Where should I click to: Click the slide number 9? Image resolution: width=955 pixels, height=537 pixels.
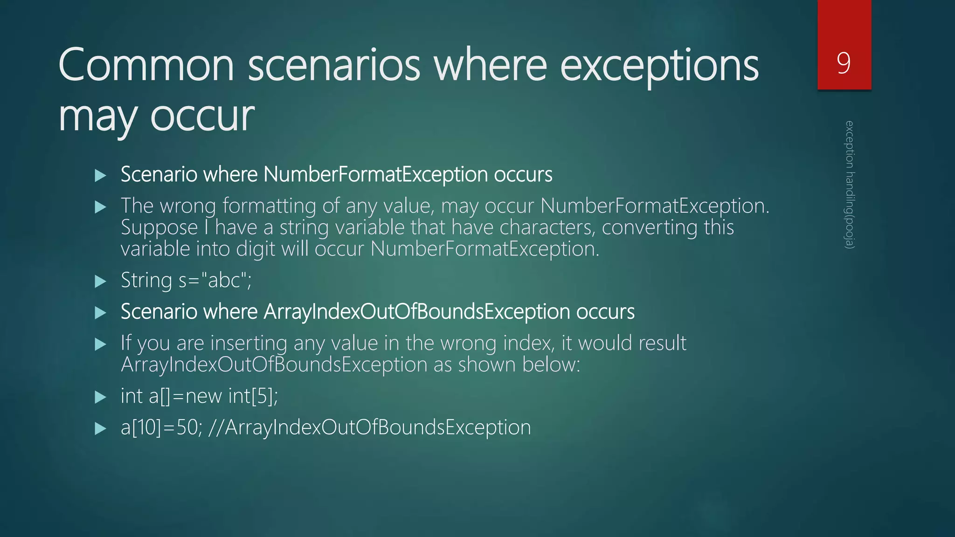(844, 63)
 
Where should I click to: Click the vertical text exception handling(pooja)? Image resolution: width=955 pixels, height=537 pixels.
(850, 185)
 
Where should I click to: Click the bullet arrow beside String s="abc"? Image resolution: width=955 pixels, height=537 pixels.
(100, 282)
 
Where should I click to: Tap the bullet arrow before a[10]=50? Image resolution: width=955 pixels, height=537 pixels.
(100, 428)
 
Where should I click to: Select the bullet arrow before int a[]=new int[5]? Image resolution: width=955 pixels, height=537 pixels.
(100, 397)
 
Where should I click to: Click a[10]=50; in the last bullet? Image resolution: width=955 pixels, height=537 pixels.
(161, 427)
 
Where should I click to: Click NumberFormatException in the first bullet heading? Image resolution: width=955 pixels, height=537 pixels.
(375, 174)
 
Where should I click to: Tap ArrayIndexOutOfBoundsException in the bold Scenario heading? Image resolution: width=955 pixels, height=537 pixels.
(416, 312)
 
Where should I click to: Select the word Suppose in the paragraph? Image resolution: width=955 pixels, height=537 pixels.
(159, 228)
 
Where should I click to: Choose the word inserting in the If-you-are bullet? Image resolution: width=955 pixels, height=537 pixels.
(249, 343)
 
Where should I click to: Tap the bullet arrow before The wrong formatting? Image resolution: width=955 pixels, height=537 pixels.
(100, 207)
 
